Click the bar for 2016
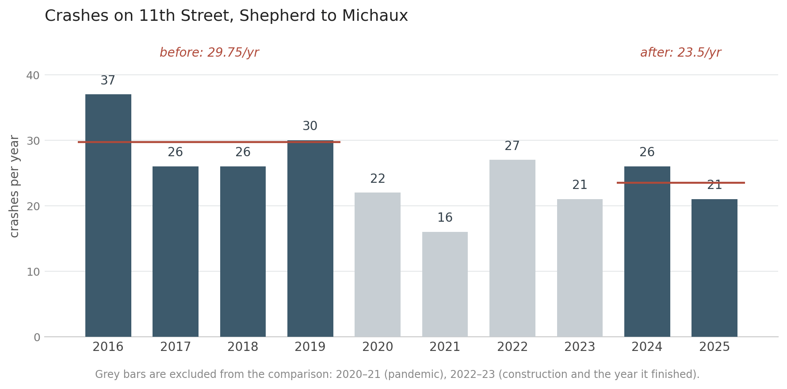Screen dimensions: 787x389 [108, 216]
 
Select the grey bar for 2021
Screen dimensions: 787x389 [445, 284]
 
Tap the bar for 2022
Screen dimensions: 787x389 [512, 248]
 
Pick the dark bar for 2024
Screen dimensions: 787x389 [647, 251]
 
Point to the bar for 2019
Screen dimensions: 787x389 [310, 239]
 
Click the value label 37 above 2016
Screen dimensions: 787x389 [108, 81]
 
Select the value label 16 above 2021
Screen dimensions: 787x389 [445, 218]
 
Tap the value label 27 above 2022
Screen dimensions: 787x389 [512, 146]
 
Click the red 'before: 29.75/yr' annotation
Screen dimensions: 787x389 [209, 53]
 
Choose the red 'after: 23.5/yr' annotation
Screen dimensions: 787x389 [680, 53]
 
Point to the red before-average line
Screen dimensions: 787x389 [209, 142]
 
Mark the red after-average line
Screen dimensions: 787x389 [681, 183]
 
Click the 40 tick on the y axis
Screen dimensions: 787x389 [33, 75]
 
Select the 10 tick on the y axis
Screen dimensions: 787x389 [33, 272]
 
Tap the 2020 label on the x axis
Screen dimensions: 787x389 [378, 347]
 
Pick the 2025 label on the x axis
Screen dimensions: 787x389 [714, 347]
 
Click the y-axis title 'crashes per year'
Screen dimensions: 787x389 [15, 186]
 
